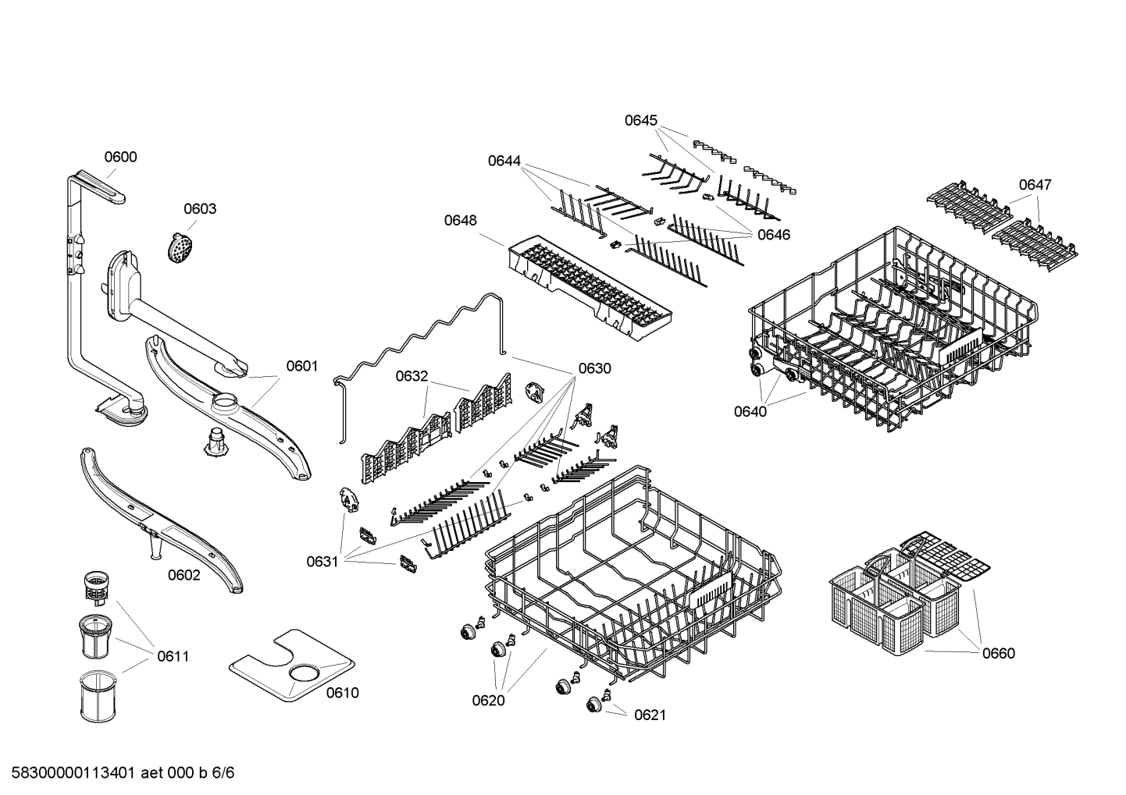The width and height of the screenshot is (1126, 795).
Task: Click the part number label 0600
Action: pyautogui.click(x=120, y=157)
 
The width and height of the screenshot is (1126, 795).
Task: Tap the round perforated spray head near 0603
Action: pyautogui.click(x=180, y=247)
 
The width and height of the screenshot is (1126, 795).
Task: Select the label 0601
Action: pyautogui.click(x=301, y=366)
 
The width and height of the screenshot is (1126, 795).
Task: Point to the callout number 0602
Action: pyautogui.click(x=184, y=575)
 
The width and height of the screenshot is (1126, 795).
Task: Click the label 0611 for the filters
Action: pyautogui.click(x=173, y=656)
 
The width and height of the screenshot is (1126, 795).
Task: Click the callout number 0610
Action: pyautogui.click(x=342, y=693)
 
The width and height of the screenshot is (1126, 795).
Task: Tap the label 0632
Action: pyautogui.click(x=411, y=376)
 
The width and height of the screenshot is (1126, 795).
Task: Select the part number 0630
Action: pyautogui.click(x=594, y=368)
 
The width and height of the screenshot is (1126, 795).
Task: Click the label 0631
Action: pyautogui.click(x=322, y=560)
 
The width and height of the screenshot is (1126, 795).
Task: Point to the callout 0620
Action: pyautogui.click(x=488, y=700)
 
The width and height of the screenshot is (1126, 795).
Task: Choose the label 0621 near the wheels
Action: pyautogui.click(x=650, y=715)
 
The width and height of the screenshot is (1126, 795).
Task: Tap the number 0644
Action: pyautogui.click(x=504, y=161)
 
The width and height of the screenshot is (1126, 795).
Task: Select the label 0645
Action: pyautogui.click(x=640, y=120)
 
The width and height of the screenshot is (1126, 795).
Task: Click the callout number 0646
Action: pyautogui.click(x=774, y=234)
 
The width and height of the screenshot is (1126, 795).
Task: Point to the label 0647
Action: pyautogui.click(x=1035, y=184)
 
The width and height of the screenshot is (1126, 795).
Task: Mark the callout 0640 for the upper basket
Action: pyautogui.click(x=750, y=411)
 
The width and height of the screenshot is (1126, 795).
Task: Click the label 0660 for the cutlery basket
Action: pyautogui.click(x=999, y=653)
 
